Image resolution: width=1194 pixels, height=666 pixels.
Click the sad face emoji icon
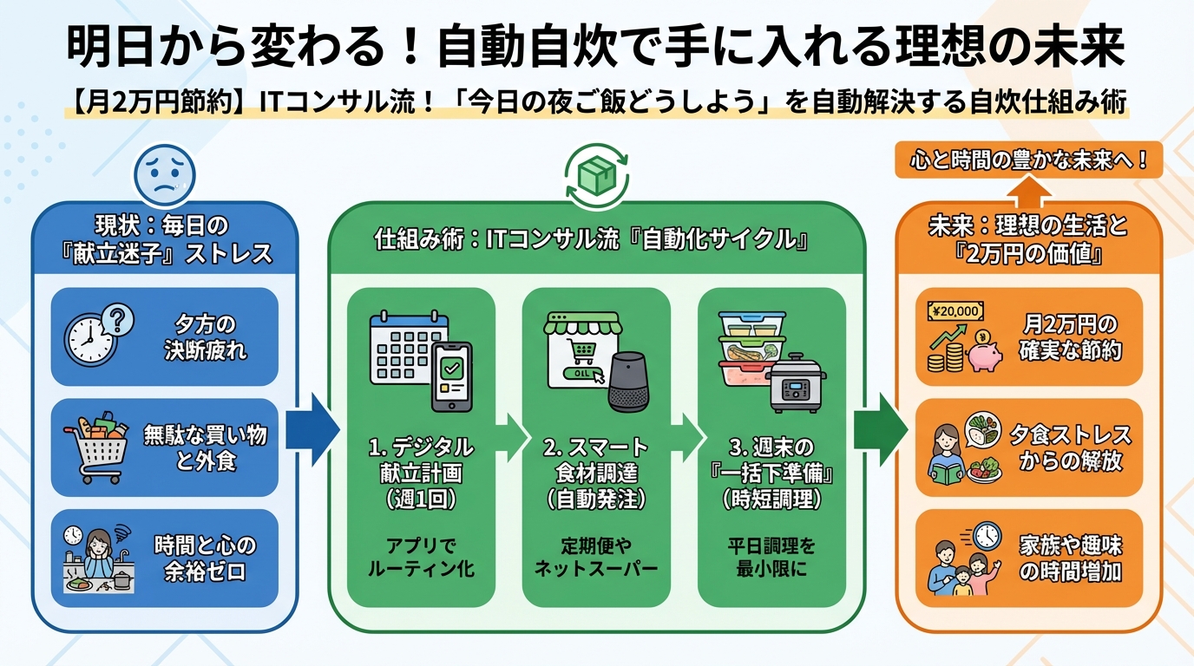(x=163, y=174)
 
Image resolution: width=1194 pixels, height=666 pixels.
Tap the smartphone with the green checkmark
(x=451, y=375)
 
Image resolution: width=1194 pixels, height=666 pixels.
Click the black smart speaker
(x=627, y=382)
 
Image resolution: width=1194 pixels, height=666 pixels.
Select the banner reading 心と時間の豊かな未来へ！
(x=1028, y=160)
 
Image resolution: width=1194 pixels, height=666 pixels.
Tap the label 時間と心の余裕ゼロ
(x=206, y=558)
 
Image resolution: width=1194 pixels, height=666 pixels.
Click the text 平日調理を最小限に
(x=772, y=558)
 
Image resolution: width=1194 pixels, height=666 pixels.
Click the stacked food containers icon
(x=750, y=349)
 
